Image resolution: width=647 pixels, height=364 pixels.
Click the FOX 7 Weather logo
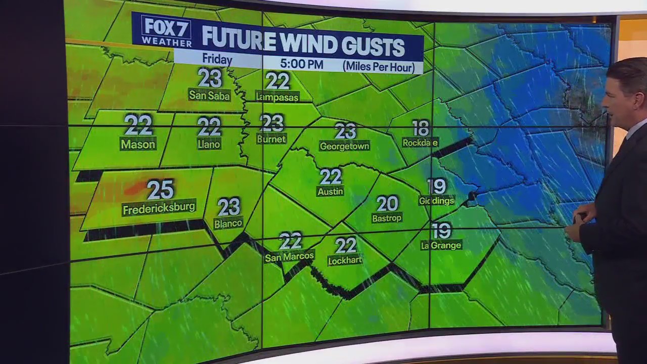pyautogui.click(x=166, y=31)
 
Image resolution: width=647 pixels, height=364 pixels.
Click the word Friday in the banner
pyautogui.click(x=217, y=59)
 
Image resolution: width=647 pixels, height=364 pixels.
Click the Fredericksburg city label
pyautogui.click(x=159, y=208)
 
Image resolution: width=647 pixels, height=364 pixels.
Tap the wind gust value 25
pyautogui.click(x=160, y=190)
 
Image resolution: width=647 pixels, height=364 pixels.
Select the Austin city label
pyautogui.click(x=330, y=192)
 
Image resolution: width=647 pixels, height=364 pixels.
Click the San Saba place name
pyautogui.click(x=209, y=95)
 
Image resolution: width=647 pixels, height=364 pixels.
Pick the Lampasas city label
pyautogui.click(x=277, y=97)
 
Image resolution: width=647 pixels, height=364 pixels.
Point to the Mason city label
pyautogui.click(x=138, y=144)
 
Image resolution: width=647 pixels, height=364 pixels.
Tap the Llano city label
pyautogui.click(x=209, y=144)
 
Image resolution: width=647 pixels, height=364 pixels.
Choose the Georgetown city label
pyautogui.click(x=345, y=146)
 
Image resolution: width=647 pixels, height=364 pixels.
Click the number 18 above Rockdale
pyautogui.click(x=421, y=127)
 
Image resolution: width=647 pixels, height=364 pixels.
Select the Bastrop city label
pyautogui.click(x=387, y=218)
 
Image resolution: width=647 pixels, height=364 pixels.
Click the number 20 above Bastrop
pyautogui.click(x=387, y=203)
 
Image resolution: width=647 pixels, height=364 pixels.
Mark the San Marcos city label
pyautogui.click(x=290, y=256)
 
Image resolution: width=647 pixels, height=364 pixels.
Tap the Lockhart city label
pyautogui.click(x=345, y=260)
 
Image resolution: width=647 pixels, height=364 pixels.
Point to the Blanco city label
pyautogui.click(x=228, y=223)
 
